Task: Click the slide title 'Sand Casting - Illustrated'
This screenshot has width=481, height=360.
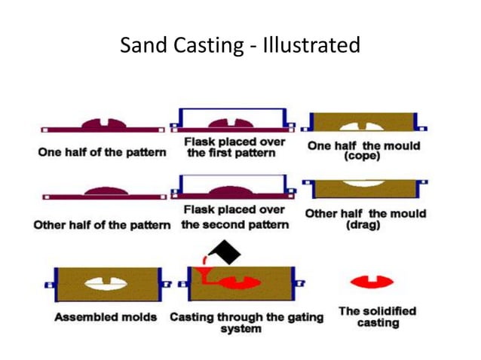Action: pos(240,46)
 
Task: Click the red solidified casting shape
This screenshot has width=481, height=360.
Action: pos(372,282)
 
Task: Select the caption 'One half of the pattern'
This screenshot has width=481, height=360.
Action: pos(102,152)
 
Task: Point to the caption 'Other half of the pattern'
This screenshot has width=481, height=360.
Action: pos(102,225)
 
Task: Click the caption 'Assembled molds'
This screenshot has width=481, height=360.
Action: pos(106,316)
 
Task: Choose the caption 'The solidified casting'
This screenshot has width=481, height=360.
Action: pos(377,316)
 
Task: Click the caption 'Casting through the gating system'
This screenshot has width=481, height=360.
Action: pos(246,322)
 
